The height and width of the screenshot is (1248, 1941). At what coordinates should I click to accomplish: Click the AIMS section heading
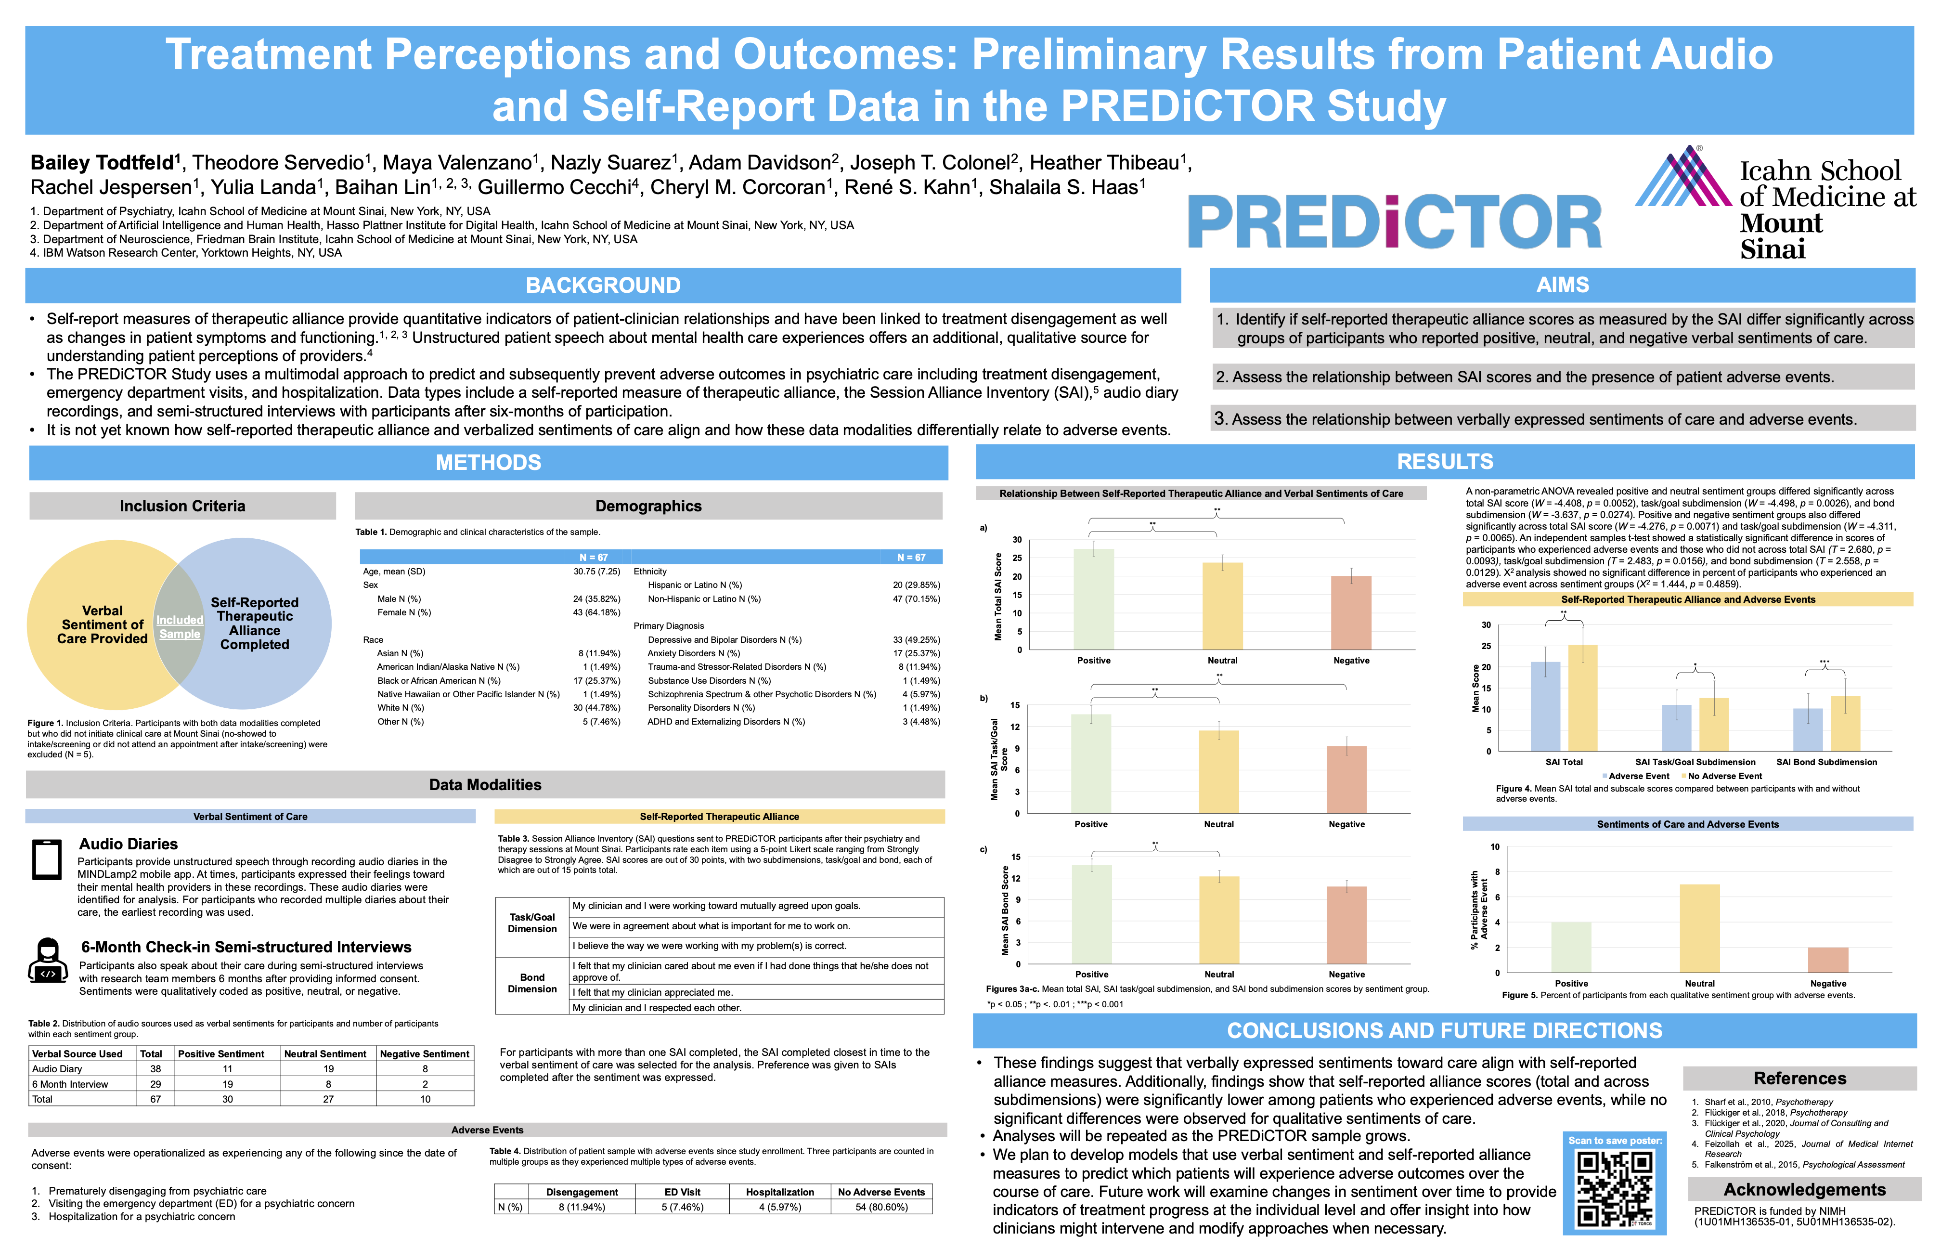[x=1562, y=285]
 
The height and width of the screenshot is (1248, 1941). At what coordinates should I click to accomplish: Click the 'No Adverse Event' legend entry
[x=1724, y=776]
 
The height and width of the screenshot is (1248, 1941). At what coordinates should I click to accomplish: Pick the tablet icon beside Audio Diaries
[x=47, y=860]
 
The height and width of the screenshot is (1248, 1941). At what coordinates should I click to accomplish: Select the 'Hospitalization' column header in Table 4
[x=779, y=1192]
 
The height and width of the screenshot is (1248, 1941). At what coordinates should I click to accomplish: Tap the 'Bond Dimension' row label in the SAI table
[x=532, y=983]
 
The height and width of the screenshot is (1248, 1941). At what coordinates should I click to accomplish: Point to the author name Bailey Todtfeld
[x=102, y=163]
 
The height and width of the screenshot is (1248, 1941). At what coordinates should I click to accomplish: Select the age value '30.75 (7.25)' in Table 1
[x=596, y=572]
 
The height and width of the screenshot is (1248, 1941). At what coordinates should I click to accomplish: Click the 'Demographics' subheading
[x=648, y=506]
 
